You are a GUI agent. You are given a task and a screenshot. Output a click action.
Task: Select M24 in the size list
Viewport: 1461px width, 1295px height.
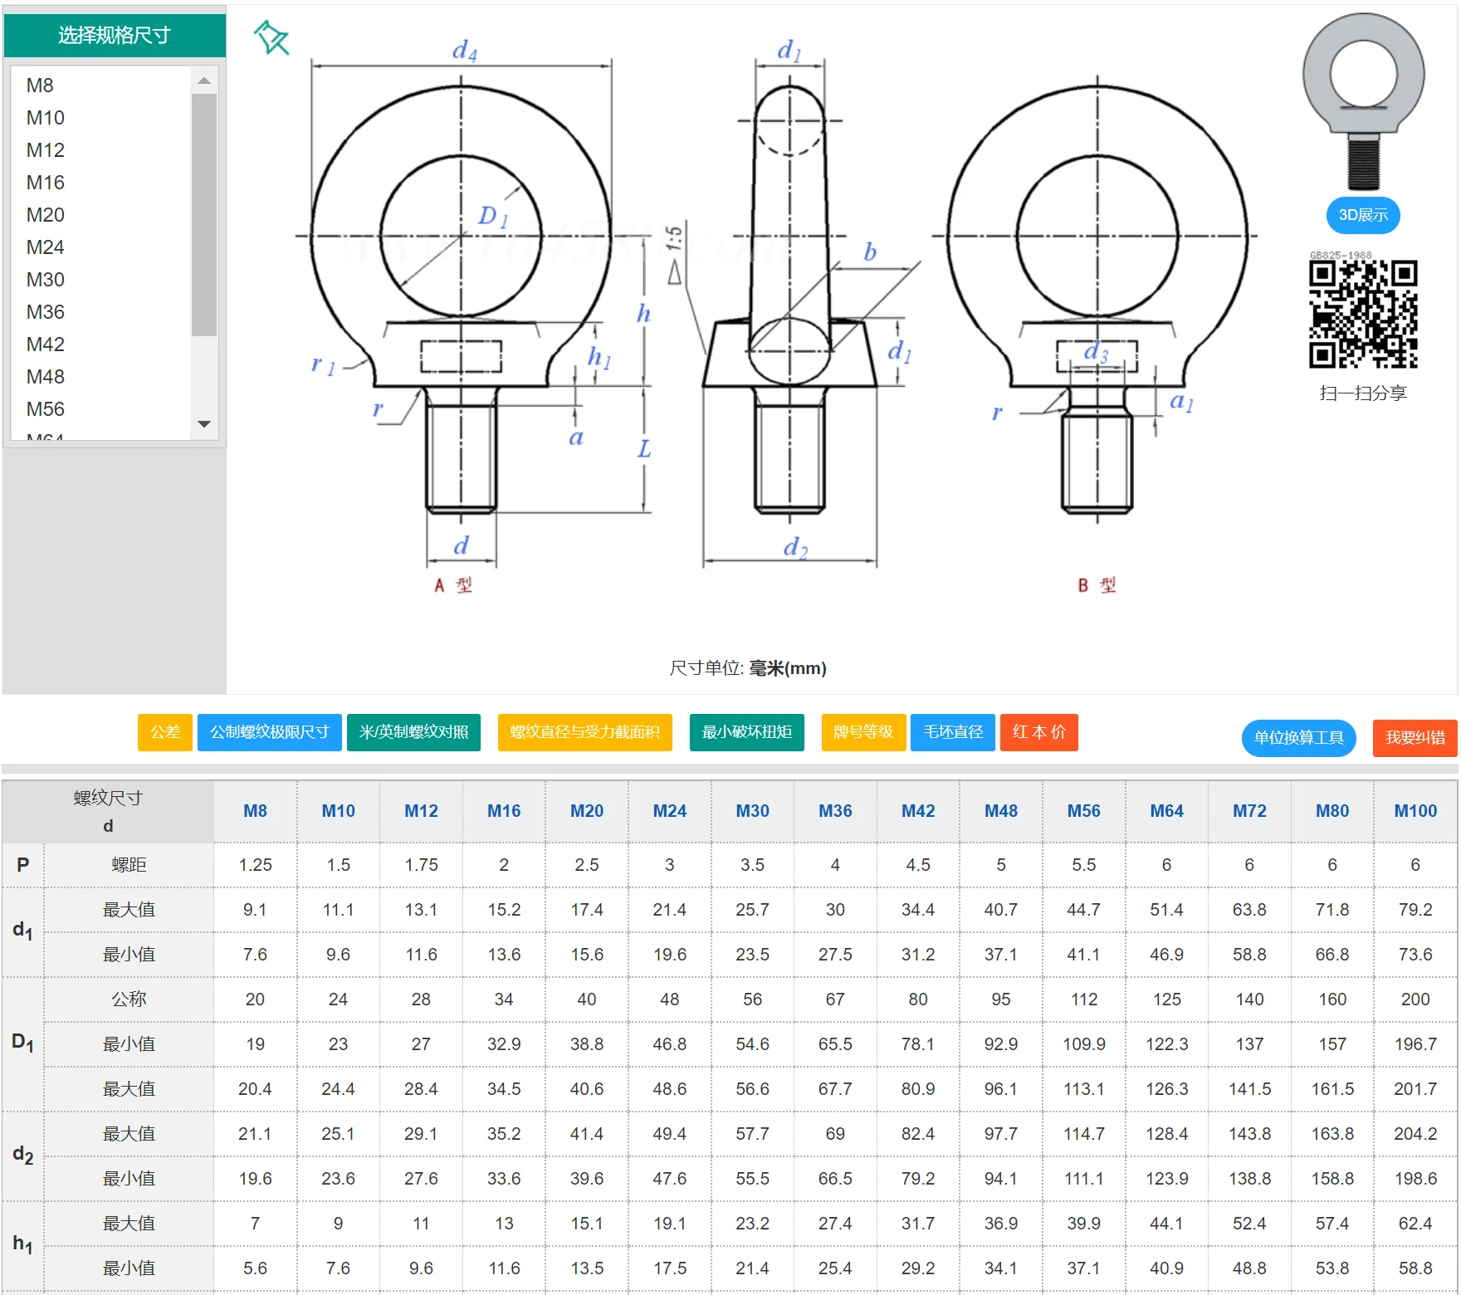[46, 247]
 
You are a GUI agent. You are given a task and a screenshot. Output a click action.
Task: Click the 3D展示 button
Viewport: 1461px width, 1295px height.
[1362, 215]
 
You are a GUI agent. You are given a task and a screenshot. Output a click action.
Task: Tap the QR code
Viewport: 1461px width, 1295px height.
[1362, 315]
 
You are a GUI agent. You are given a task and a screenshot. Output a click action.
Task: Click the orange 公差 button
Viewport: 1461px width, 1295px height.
[164, 732]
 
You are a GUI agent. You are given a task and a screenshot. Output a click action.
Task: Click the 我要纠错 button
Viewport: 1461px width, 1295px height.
[1415, 738]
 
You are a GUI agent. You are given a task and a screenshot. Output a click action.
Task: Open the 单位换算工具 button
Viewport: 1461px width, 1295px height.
[1298, 738]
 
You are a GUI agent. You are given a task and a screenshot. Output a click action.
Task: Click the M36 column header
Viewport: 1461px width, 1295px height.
[835, 811]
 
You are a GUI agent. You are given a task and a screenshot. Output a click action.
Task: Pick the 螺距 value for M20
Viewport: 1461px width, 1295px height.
[586, 865]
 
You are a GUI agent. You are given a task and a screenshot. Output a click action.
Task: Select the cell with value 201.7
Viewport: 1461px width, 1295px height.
[1415, 1089]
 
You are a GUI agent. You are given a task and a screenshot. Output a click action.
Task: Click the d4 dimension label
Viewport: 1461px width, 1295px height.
[464, 51]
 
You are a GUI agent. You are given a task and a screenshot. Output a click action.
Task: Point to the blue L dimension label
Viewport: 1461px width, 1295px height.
[644, 449]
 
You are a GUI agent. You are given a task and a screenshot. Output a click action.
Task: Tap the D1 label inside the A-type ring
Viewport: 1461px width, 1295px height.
[492, 217]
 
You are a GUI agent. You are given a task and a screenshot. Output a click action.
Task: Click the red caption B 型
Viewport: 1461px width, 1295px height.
[1097, 585]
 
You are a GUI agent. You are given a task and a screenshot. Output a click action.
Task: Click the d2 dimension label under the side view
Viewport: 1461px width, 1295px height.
[794, 547]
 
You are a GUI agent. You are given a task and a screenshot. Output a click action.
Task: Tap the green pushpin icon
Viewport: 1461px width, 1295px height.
[271, 37]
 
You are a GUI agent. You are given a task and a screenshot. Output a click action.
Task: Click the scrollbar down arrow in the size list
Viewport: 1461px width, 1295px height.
[204, 424]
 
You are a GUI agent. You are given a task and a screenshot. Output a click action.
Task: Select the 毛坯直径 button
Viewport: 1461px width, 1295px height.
[952, 732]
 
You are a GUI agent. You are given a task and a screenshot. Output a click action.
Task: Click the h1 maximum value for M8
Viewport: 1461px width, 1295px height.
[255, 1224]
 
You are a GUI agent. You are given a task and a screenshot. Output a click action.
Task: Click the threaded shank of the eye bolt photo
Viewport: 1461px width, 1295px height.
[1362, 163]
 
